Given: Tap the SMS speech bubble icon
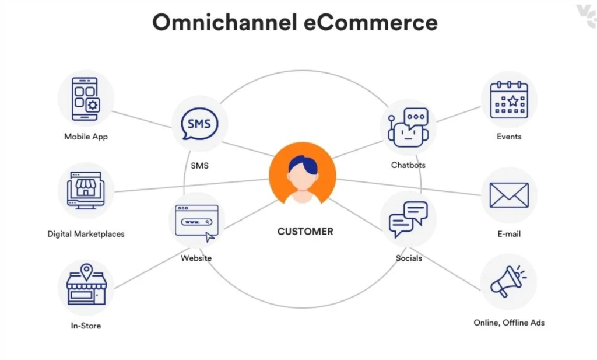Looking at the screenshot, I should pos(199,124).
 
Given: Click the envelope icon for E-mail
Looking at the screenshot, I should pos(508,195).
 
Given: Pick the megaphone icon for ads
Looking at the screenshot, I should pos(507,281).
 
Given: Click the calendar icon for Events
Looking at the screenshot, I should pos(508,100).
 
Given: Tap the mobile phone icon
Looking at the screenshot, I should pos(86,99).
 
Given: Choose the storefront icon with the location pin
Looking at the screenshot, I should pos(86,286).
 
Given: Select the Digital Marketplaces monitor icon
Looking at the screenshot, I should pos(86,190).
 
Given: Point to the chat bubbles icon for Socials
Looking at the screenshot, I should pos(408,219).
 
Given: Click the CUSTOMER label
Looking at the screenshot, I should pos(305,232).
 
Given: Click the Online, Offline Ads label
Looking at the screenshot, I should pos(509,323).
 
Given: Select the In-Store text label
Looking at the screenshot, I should pos(86,326).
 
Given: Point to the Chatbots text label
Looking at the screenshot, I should pos(408,165).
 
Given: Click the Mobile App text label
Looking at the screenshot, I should pos(86,137).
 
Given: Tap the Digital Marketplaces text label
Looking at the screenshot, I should pos(86,234).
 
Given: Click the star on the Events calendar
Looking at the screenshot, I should pos(513,101).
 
